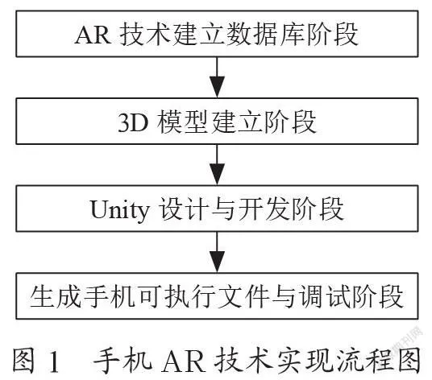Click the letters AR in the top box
pyautogui.click(x=93, y=35)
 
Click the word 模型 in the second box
pyautogui.click(x=182, y=122)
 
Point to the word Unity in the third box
pyautogui.click(x=119, y=210)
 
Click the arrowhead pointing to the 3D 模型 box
pyautogui.click(x=217, y=87)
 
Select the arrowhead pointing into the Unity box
pyautogui.click(x=217, y=174)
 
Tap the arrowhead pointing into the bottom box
pyautogui.click(x=217, y=262)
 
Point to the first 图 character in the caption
pyautogui.click(x=23, y=360)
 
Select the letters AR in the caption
pyautogui.click(x=184, y=361)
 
